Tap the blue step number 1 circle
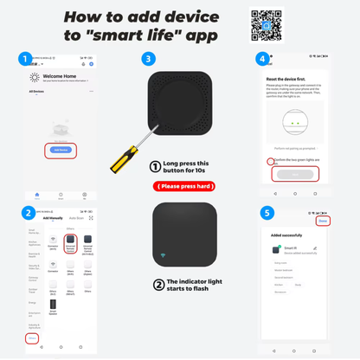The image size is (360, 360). (27, 60)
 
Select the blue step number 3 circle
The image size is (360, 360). (148, 60)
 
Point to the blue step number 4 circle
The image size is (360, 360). (261, 60)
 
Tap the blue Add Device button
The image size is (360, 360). (60, 150)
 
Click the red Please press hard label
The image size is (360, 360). (184, 186)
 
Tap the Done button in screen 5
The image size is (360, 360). (322, 221)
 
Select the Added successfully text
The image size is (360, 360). (287, 235)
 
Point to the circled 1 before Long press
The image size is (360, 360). (156, 167)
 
